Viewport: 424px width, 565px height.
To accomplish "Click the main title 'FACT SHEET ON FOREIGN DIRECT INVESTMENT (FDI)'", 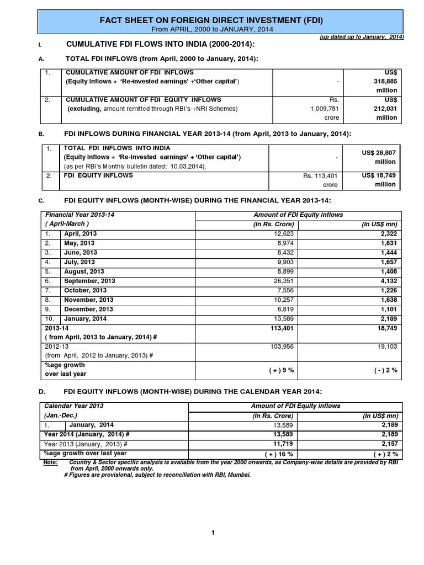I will [211, 20].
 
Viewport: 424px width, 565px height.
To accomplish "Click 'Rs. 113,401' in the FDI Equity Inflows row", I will [321, 176].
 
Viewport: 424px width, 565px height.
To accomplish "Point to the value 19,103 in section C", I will [385, 347].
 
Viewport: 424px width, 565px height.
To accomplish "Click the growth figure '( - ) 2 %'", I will [385, 370].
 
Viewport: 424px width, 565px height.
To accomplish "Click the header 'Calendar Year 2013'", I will [73, 406].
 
